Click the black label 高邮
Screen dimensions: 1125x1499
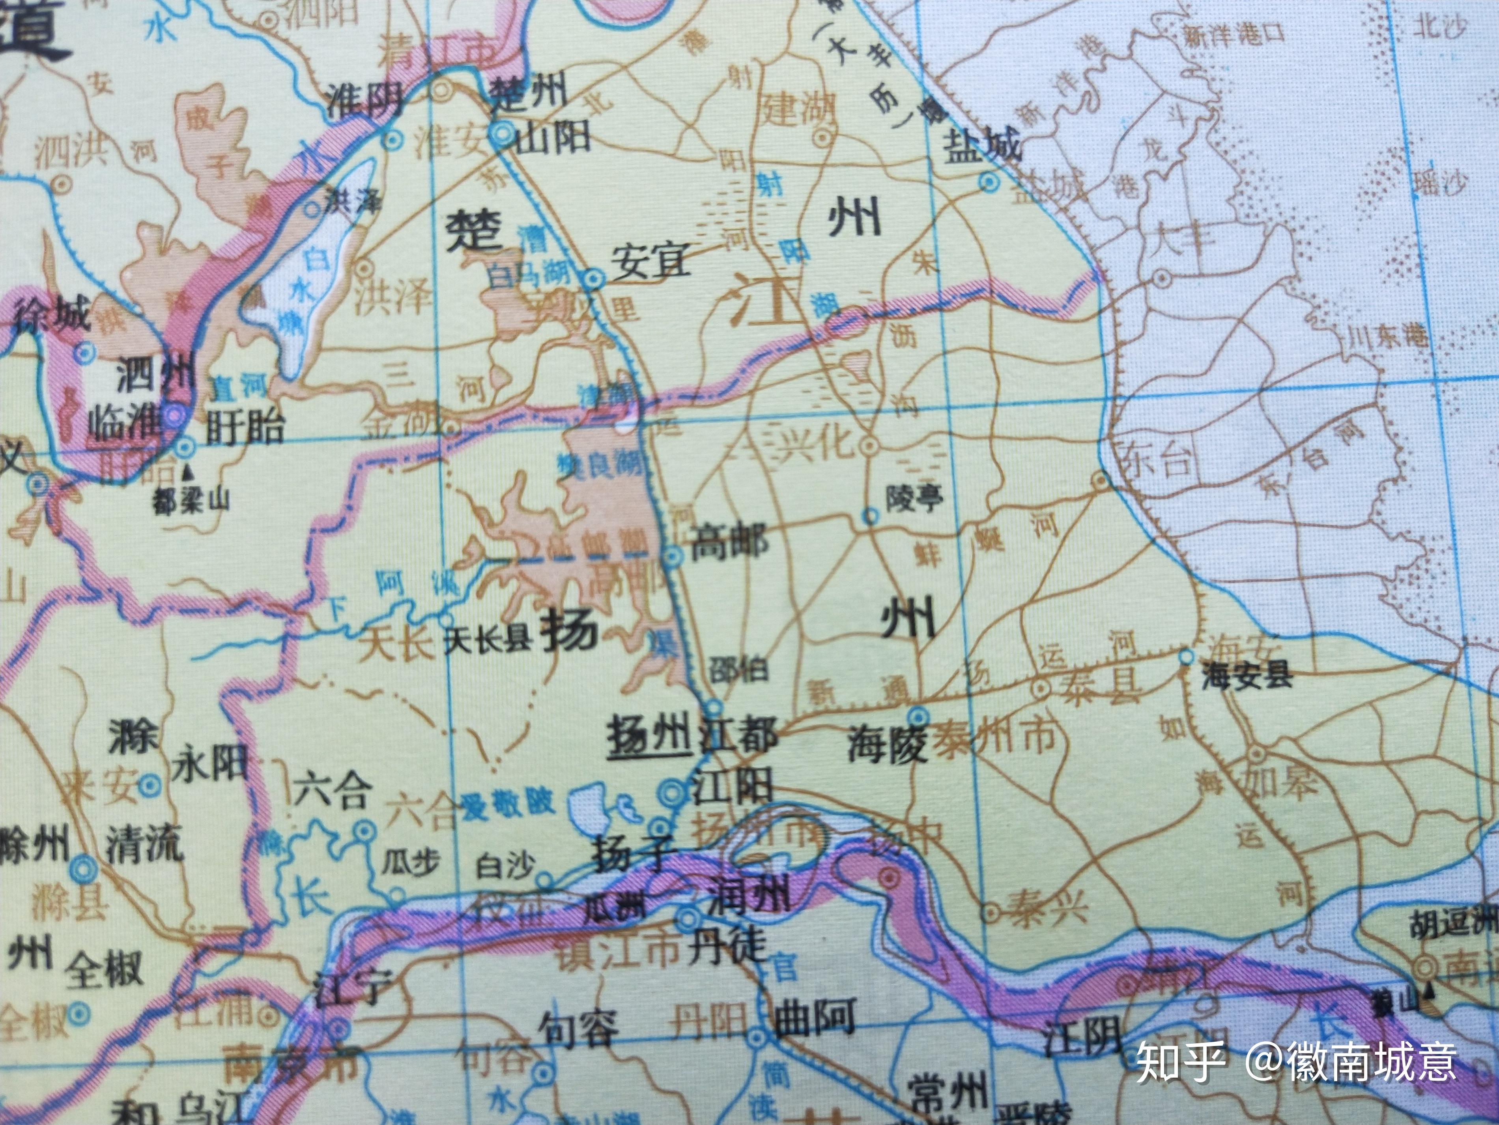click(729, 544)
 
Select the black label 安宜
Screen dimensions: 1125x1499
click(650, 261)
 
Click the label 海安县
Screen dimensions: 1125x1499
click(1247, 676)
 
